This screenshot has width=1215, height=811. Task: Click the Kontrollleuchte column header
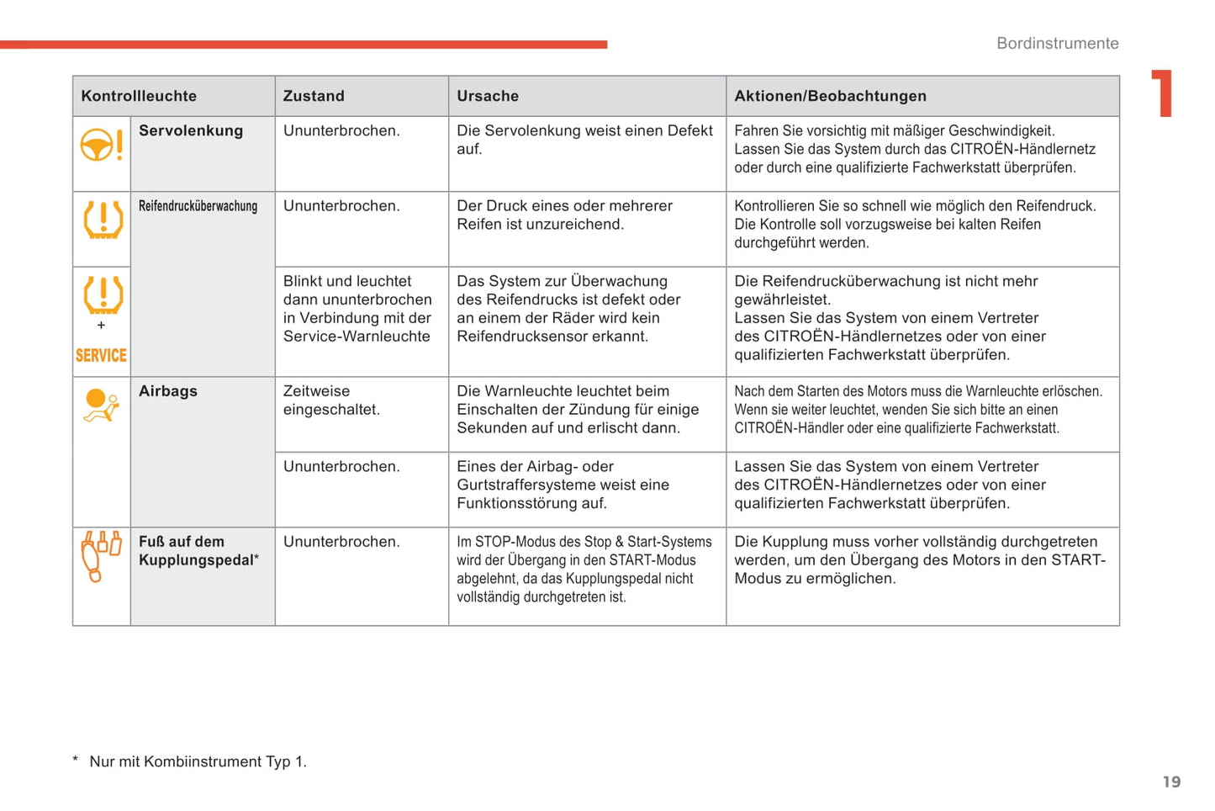(139, 96)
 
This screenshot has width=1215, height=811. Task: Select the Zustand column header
(314, 96)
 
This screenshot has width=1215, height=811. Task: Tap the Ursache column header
(488, 96)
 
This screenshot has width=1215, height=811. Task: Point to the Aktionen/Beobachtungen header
(830, 96)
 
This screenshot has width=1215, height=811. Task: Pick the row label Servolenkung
(191, 130)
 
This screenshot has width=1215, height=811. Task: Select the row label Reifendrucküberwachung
(198, 206)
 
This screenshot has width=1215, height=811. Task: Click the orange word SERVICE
(101, 355)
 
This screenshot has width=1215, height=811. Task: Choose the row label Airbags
(168, 391)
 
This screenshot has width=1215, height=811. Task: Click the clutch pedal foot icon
(101, 555)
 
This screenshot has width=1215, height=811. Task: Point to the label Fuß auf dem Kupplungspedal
(198, 551)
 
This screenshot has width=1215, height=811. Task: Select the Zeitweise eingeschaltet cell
(331, 400)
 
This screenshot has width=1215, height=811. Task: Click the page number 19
(1171, 782)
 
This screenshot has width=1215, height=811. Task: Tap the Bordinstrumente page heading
(1057, 43)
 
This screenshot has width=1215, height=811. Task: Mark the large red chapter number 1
(1162, 93)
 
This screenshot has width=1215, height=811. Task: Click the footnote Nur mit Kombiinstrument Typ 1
(198, 761)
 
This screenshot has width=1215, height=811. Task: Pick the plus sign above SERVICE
(101, 325)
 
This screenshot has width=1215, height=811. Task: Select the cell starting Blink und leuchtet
(357, 309)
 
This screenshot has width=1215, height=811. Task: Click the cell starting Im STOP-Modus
(584, 570)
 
